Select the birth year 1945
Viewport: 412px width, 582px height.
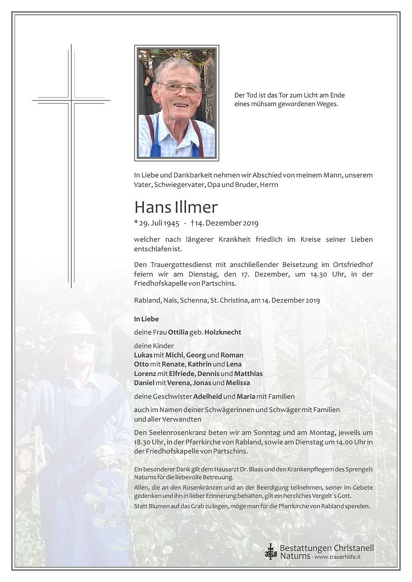172,223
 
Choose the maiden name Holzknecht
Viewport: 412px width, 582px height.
223,332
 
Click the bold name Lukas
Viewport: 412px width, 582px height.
143,355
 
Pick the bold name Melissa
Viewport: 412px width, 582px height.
237,383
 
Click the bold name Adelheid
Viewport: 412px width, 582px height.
207,396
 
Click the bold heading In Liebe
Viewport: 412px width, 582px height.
146,319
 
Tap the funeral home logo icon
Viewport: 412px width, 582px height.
271,551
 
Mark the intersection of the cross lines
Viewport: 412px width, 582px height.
71,101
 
